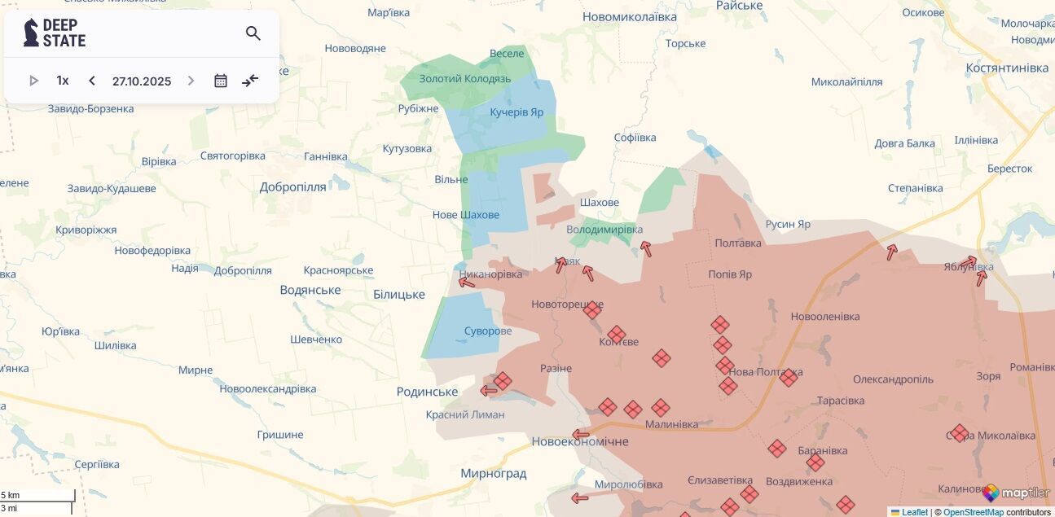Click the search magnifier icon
tap(253, 33)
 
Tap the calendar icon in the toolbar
tap(221, 81)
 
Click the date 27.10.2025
tap(142, 81)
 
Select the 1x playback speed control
tap(63, 81)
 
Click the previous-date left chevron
tap(92, 81)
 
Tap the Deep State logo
tap(55, 33)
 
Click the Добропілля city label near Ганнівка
tap(292, 187)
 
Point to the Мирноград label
tap(493, 473)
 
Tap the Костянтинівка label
tap(1006, 68)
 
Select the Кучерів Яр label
tap(517, 112)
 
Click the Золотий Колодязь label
tap(464, 79)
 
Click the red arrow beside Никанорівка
tap(467, 282)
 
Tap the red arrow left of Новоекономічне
tap(580, 435)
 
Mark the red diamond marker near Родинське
tap(503, 381)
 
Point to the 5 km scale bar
tap(37, 495)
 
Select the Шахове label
tap(599, 202)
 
